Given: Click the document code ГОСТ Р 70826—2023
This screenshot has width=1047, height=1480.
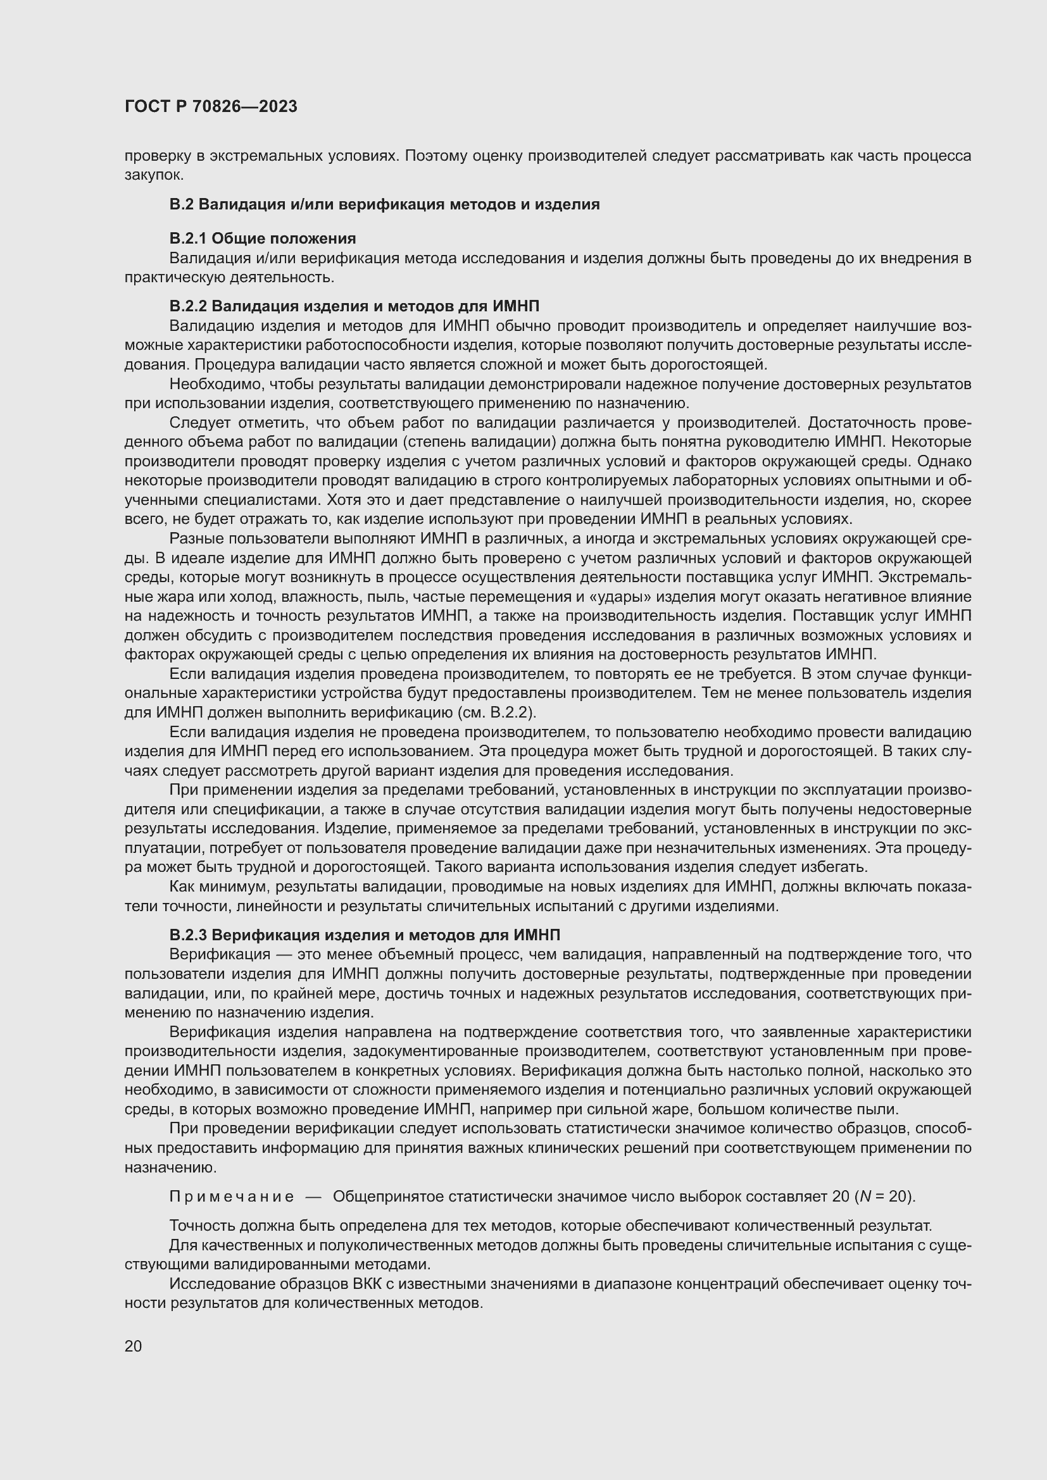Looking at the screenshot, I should pos(211,106).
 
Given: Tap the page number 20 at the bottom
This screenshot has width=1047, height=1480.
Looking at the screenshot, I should pos(133,1346).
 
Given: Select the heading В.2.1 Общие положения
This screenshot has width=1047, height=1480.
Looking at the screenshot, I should pos(263,239).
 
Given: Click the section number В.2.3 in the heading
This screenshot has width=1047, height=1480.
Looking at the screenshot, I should pos(187,935).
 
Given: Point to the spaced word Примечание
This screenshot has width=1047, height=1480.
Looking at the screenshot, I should pos(232,1197).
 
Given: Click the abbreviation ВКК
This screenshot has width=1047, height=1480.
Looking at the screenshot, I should pos(368,1283).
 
